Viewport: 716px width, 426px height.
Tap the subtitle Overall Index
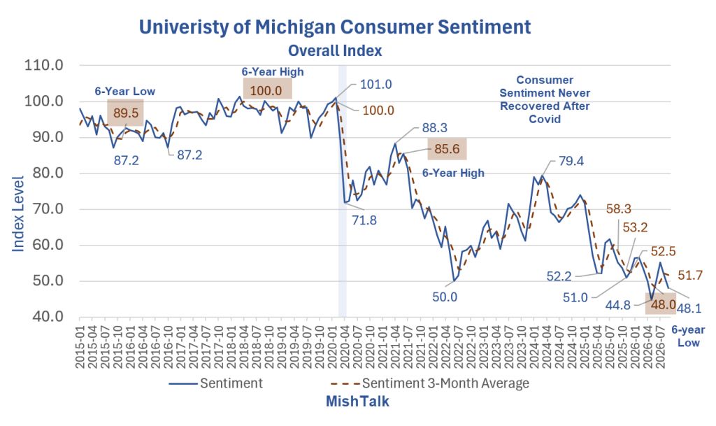point(335,50)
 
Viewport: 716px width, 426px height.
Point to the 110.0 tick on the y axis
point(43,65)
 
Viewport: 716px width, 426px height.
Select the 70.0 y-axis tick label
point(43,209)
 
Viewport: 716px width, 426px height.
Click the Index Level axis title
point(17,213)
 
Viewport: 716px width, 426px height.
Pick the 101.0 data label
point(375,85)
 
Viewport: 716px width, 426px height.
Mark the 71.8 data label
point(364,220)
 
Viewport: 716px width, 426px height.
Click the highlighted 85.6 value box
point(447,149)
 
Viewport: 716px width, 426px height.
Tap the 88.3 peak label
point(434,128)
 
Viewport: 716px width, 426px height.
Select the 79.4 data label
point(571,161)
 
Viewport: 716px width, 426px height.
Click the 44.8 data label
point(618,305)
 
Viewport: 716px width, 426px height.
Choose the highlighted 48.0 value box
point(660,304)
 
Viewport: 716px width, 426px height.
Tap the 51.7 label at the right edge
point(690,276)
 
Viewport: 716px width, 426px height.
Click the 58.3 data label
point(619,209)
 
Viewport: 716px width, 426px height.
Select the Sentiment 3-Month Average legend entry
point(429,383)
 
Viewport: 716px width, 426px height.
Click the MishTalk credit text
point(357,402)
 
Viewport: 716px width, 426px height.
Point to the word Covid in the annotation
point(544,119)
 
